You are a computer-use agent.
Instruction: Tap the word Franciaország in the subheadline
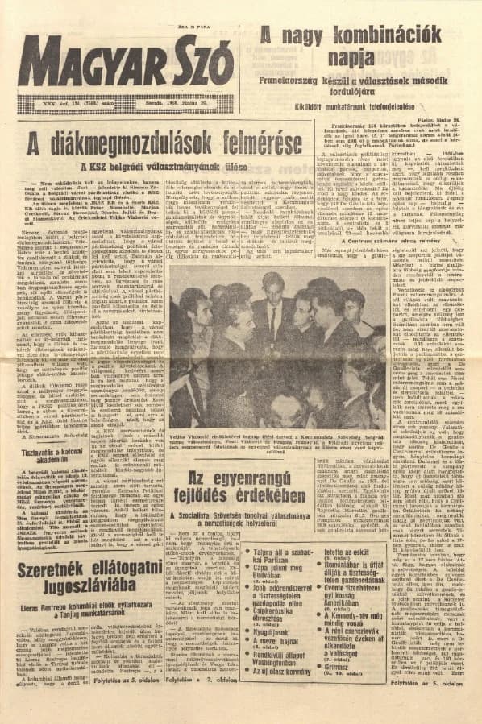pyautogui.click(x=289, y=81)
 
